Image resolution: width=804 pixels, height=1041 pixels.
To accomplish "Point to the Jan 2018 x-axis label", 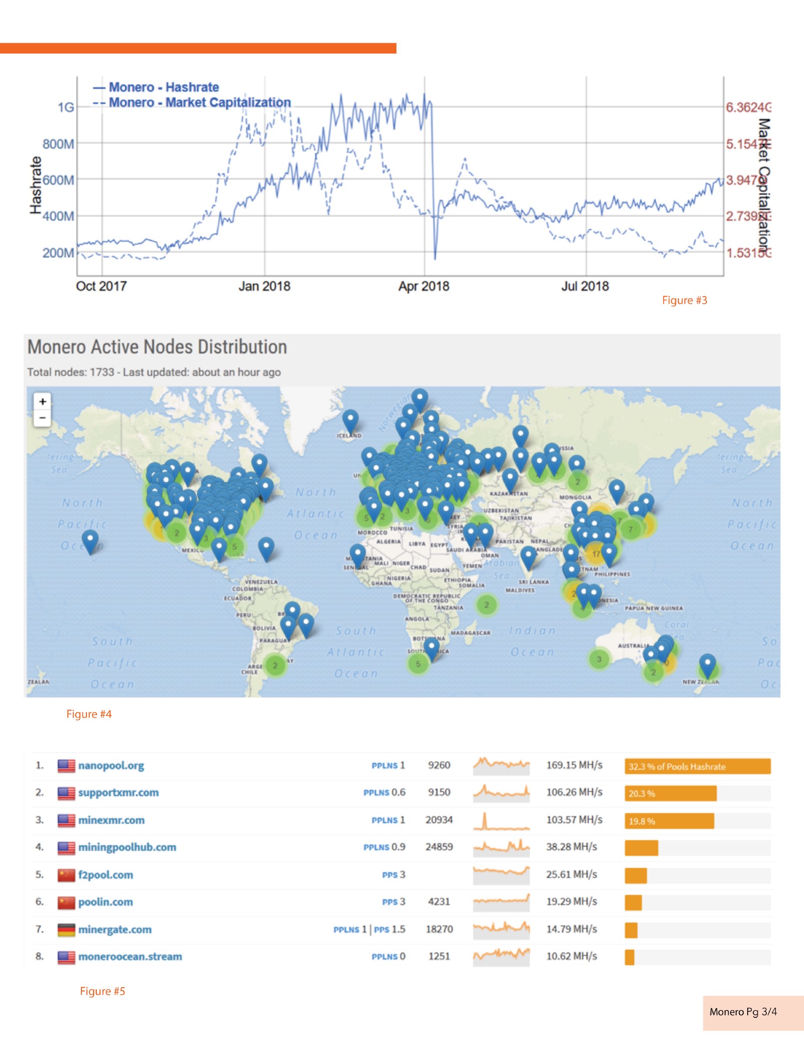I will coord(264,286).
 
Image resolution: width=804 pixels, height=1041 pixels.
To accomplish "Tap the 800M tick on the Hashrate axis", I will coord(58,144).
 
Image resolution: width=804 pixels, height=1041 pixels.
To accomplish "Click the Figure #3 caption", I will coord(684,300).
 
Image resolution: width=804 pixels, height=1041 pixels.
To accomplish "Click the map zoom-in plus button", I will coord(43,401).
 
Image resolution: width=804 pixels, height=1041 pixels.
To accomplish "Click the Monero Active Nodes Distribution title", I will coord(157,347).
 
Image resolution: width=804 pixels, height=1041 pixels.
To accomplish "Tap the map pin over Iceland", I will coord(350,420).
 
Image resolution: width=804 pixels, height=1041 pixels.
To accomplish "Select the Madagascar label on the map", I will coord(470,633).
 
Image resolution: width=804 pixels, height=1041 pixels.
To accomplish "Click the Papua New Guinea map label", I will coord(653,608).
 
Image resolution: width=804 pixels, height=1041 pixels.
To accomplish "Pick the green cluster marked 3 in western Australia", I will coord(599,659).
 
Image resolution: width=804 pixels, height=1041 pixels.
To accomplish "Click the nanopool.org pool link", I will coord(111,765).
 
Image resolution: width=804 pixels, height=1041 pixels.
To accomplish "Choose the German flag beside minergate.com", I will coord(66,929).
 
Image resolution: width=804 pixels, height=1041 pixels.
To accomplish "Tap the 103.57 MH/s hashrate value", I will coord(574,820).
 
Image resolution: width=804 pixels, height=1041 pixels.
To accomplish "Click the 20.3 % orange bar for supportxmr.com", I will coord(670,794).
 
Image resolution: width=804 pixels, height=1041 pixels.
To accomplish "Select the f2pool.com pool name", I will coord(106,875).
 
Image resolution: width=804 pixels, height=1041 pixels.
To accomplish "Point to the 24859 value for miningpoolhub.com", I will coord(439,847).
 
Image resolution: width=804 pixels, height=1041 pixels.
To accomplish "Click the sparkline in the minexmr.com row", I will coord(501,821).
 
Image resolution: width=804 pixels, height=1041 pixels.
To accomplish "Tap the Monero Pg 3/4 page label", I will coord(743,1011).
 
